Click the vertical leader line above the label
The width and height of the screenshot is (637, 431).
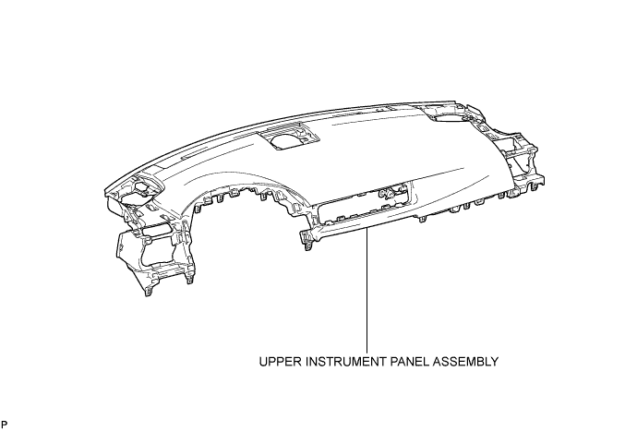pos(367,290)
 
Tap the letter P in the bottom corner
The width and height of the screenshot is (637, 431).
pos(4,425)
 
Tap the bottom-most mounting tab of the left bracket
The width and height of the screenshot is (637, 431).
pos(149,291)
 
